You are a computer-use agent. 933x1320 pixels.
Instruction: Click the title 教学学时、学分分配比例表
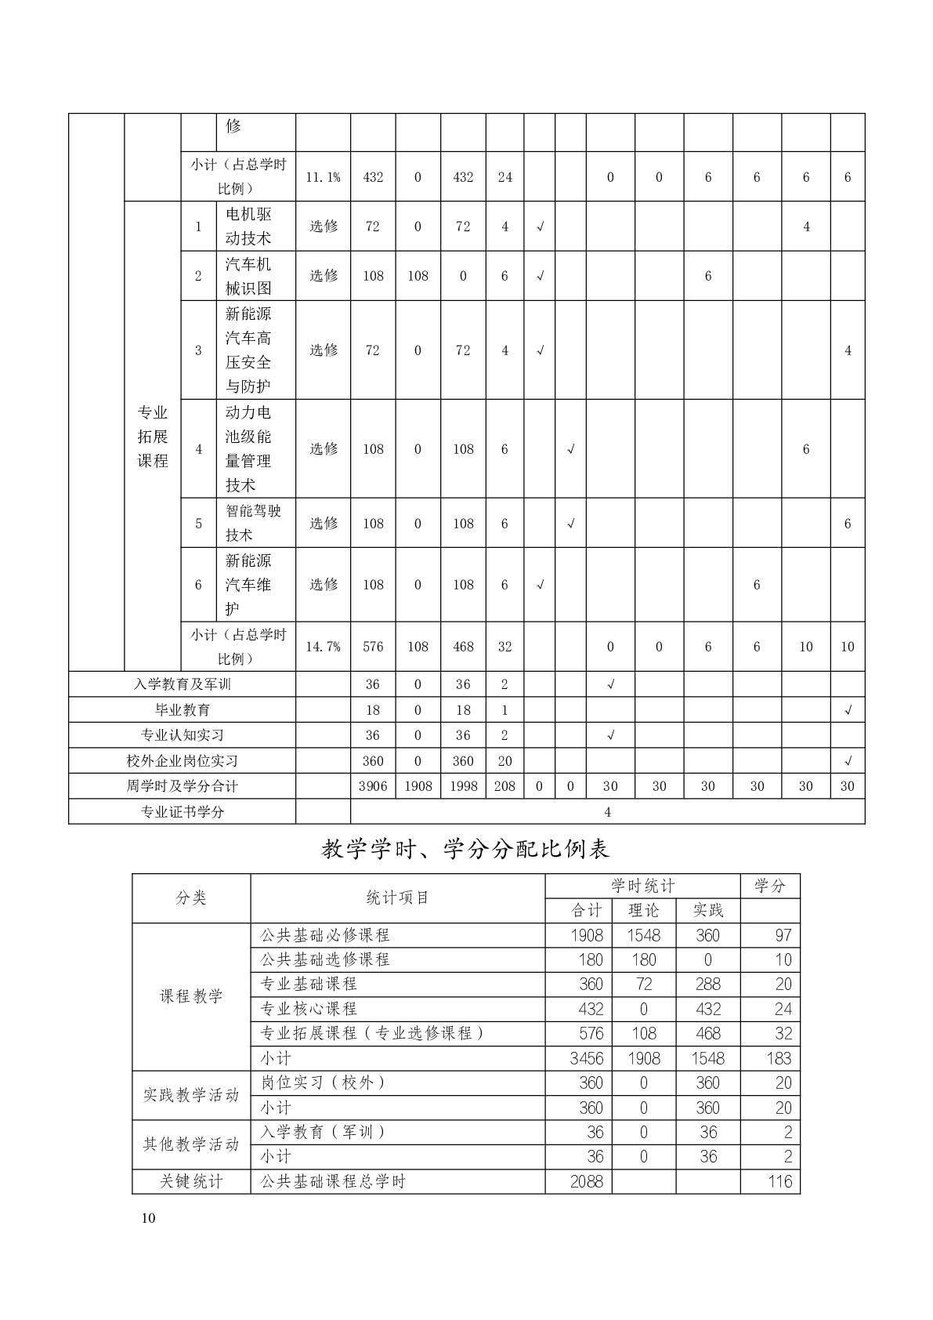pyautogui.click(x=465, y=849)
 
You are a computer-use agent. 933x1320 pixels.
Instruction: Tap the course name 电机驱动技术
pyautogui.click(x=248, y=226)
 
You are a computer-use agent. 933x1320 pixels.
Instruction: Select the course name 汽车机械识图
pyautogui.click(x=248, y=276)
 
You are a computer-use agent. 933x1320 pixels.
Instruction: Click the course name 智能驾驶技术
pyautogui.click(x=252, y=523)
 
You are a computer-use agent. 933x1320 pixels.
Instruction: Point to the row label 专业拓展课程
pyautogui.click(x=153, y=437)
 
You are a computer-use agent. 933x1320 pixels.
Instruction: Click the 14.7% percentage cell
pyautogui.click(x=323, y=647)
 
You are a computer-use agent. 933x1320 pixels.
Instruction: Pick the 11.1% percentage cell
pyautogui.click(x=323, y=177)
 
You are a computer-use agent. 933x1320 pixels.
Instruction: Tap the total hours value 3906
pyautogui.click(x=373, y=786)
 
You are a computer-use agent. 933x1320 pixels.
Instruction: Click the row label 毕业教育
pyautogui.click(x=182, y=710)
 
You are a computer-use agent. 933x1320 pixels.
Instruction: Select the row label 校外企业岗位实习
pyautogui.click(x=182, y=761)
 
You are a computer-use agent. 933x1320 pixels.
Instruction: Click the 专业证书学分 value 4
pyautogui.click(x=607, y=812)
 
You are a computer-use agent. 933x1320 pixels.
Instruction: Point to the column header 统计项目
pyautogui.click(x=397, y=898)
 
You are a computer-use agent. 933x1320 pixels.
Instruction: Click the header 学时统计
pyautogui.click(x=642, y=886)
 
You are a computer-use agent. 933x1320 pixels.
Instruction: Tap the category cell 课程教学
pyautogui.click(x=191, y=996)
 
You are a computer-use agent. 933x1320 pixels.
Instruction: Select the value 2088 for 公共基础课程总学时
pyautogui.click(x=587, y=1181)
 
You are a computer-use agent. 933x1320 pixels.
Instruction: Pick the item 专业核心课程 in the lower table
pyautogui.click(x=309, y=1009)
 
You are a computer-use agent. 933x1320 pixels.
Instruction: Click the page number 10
pyautogui.click(x=149, y=1218)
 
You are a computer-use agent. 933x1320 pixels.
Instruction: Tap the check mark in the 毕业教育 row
pyautogui.click(x=847, y=710)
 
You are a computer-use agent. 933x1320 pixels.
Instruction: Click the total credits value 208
pyautogui.click(x=504, y=786)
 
